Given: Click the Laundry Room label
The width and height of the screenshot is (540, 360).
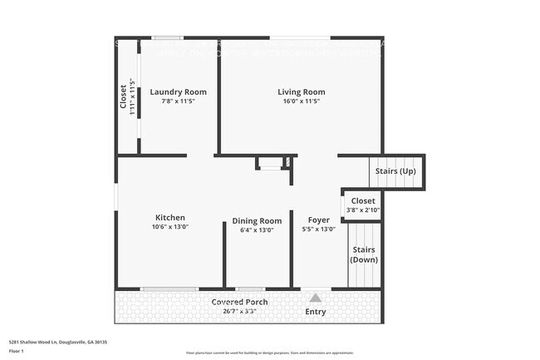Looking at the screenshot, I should click(x=178, y=91).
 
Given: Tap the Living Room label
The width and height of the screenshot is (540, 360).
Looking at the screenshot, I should click(x=301, y=91).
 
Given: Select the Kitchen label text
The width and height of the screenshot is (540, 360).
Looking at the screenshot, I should click(x=169, y=218).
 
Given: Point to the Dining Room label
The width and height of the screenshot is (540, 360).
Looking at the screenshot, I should click(x=257, y=220).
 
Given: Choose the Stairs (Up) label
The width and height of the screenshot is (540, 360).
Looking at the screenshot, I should click(x=395, y=171).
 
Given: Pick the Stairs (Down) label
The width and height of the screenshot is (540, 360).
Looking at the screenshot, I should click(x=364, y=254).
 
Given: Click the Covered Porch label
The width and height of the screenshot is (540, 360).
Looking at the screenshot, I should click(x=239, y=302).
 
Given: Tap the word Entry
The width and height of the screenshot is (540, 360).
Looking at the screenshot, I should click(x=316, y=312).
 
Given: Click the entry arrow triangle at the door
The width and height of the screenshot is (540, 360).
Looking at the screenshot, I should click(x=315, y=297).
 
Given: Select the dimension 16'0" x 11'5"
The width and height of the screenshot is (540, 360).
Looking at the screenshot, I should click(x=301, y=101).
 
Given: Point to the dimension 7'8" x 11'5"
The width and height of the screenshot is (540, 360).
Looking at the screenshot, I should click(x=178, y=101).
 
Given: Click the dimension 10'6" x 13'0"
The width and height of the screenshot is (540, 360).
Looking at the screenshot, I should click(x=169, y=227).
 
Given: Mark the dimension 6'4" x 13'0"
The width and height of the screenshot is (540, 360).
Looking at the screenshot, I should click(x=257, y=229).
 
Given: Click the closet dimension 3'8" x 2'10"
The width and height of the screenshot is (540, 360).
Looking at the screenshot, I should click(x=363, y=210).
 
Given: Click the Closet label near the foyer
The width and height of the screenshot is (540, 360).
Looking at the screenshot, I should click(x=363, y=201).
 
